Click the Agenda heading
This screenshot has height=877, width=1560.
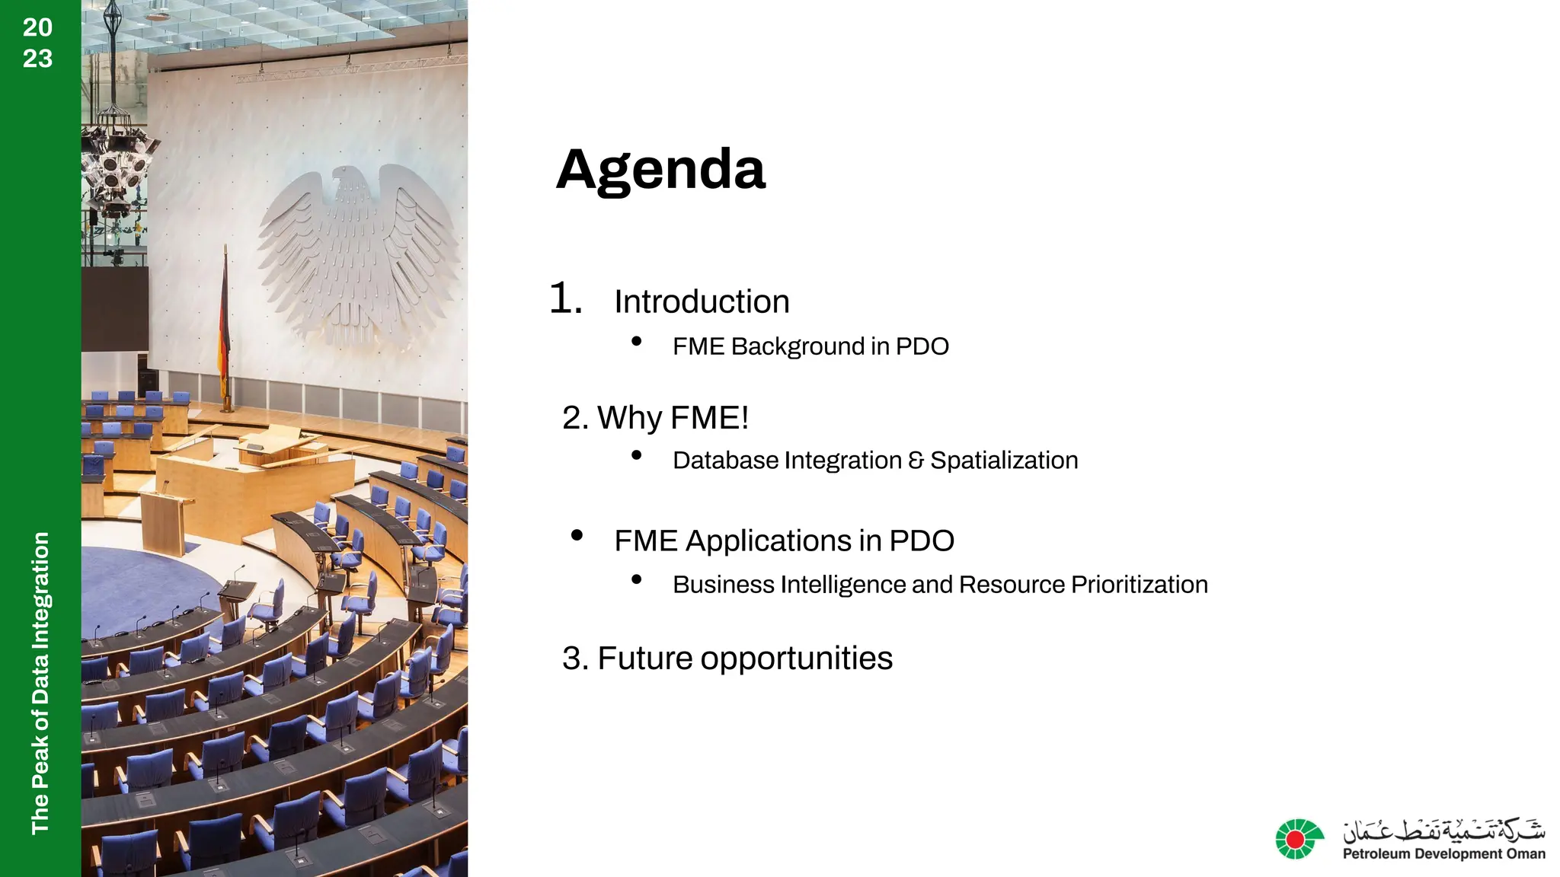(x=660, y=170)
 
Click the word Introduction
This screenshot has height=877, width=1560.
(x=702, y=301)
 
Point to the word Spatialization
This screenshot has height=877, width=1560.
(x=1004, y=460)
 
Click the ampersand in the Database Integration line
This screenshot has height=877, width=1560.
(x=916, y=460)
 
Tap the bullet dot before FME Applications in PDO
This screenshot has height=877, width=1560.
(x=577, y=535)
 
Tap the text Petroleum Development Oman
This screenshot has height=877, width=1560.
(x=1443, y=854)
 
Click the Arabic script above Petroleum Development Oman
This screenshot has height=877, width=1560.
(x=1443, y=830)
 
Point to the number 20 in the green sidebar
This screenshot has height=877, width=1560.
(x=37, y=27)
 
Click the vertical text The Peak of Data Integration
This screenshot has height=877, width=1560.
(x=40, y=682)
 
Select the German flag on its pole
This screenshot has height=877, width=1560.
(x=224, y=320)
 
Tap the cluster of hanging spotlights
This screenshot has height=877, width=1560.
(x=118, y=160)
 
